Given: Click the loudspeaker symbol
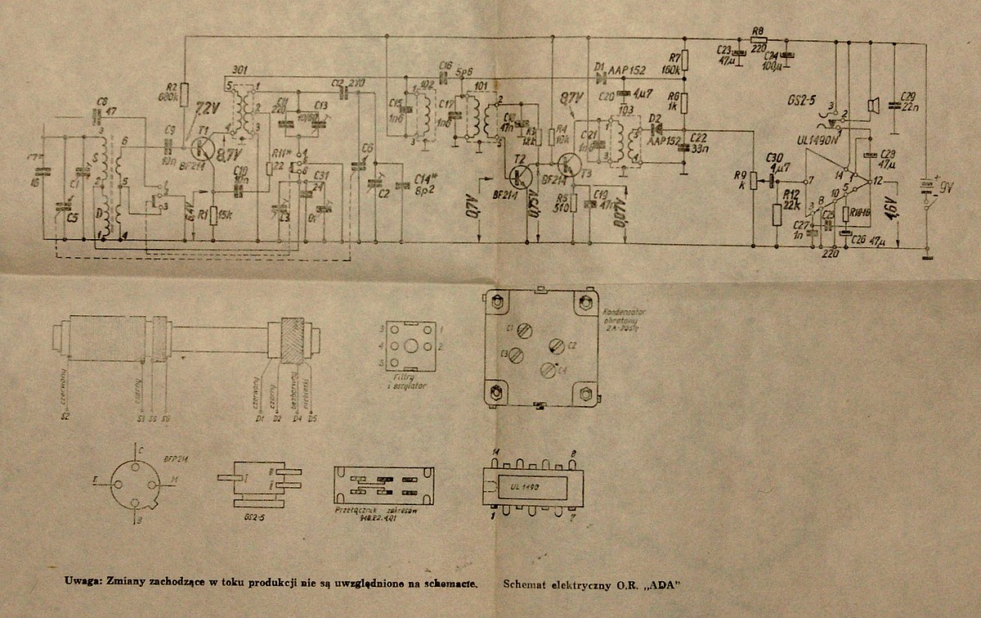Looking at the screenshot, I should [874, 104].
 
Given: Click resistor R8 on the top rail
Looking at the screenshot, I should [758, 39].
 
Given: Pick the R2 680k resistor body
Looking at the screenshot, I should [184, 93].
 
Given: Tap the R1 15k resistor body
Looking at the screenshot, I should [213, 216].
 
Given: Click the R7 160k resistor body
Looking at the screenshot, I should [685, 60].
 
